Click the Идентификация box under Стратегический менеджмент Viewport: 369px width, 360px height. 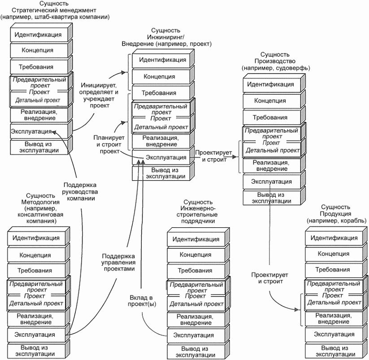pyautogui.click(x=39, y=35)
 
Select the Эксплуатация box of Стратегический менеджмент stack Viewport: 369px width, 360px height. pyautogui.click(x=39, y=131)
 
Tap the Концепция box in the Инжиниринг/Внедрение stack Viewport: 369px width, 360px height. pyautogui.click(x=161, y=77)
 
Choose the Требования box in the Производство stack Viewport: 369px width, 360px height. pyautogui.click(x=272, y=117)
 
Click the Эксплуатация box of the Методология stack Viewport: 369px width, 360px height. pyautogui.click(x=36, y=334)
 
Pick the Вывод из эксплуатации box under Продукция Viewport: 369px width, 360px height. pyautogui.click(x=334, y=351)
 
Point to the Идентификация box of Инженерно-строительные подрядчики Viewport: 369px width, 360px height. pyautogui.click(x=196, y=239)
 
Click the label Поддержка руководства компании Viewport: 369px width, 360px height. pyautogui.click(x=80, y=192)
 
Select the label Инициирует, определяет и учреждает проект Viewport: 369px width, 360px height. pyautogui.click(x=99, y=95)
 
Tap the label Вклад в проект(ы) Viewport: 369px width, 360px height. pyautogui.click(x=142, y=301)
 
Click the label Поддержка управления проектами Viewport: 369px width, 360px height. pyautogui.click(x=118, y=262)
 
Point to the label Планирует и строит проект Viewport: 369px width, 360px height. pyautogui.click(x=109, y=144)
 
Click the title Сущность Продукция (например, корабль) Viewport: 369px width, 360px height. pyautogui.click(x=336, y=214)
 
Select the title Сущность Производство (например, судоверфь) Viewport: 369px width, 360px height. pyautogui.click(x=276, y=61)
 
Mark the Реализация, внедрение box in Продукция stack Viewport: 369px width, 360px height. pyautogui.click(x=334, y=318)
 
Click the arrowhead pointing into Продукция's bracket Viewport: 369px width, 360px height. pyautogui.click(x=297, y=310)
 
